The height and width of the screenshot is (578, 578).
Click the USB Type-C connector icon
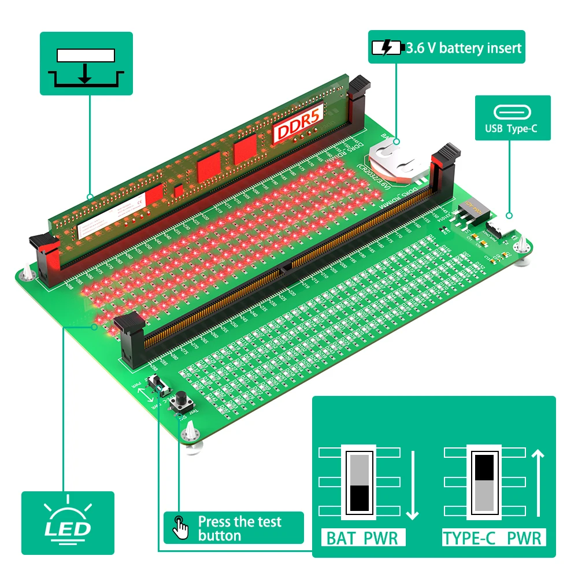click(513, 113)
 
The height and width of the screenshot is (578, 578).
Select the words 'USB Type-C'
click(513, 128)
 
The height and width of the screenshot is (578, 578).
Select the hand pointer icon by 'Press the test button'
click(181, 527)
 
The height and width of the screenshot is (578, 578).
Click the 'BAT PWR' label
click(362, 538)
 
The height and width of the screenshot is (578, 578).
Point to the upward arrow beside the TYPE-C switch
click(538, 483)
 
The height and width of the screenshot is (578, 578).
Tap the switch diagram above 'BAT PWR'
click(360, 482)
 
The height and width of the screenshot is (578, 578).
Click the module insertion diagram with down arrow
click(86, 66)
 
